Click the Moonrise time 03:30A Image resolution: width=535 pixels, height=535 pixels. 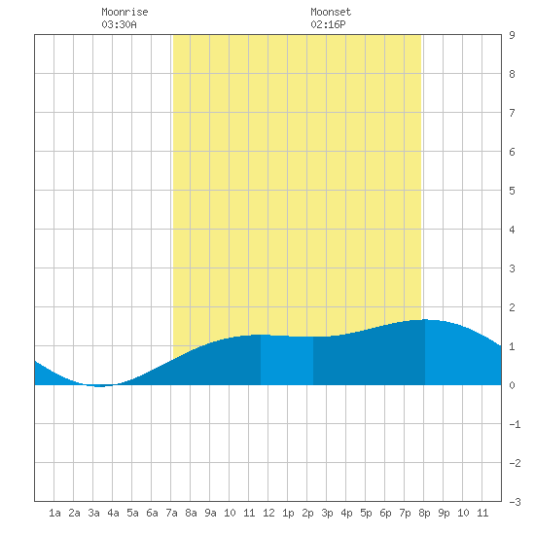[119, 24]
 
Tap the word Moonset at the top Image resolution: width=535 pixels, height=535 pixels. [331, 12]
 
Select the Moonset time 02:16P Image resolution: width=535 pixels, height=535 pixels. [328, 24]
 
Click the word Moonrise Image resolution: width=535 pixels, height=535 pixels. [125, 12]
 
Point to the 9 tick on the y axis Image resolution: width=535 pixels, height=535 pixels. [512, 35]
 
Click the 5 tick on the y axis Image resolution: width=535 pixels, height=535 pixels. [512, 191]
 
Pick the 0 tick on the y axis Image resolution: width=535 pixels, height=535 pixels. [512, 385]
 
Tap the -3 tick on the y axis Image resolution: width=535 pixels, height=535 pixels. [515, 502]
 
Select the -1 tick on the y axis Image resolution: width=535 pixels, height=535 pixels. [515, 424]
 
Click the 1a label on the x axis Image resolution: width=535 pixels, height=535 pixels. [54, 513]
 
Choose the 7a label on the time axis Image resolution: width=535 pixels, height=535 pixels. [171, 513]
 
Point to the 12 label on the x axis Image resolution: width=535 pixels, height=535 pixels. [268, 513]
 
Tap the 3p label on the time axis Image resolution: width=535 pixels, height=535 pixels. [327, 513]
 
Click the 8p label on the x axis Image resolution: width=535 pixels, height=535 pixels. [424, 513]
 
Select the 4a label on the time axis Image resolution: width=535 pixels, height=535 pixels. [113, 513]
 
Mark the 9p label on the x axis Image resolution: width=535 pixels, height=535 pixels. [444, 513]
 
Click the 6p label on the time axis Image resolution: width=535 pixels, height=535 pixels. [385, 513]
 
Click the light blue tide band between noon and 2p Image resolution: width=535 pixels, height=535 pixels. [287, 360]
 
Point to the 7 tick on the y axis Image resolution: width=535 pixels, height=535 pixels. [512, 113]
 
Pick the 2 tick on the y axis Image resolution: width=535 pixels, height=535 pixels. [512, 307]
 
